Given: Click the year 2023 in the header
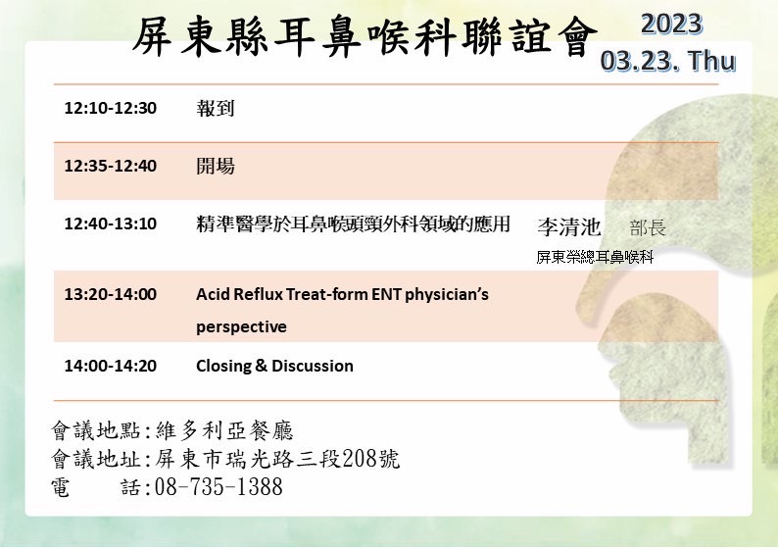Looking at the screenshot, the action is [672, 24].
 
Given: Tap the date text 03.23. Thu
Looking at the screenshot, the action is [668, 61].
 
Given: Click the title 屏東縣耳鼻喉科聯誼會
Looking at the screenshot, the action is [365, 36].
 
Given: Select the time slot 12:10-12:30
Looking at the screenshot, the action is [110, 108].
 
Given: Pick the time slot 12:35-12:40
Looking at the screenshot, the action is [110, 166].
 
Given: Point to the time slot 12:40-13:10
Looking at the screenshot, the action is [110, 224].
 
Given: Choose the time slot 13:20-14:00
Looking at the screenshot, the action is [110, 294].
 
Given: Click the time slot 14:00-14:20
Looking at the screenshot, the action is [110, 366].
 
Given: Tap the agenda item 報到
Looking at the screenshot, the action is [216, 108].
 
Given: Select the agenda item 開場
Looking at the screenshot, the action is [216, 166].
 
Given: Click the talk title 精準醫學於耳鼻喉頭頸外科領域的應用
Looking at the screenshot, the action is [354, 224].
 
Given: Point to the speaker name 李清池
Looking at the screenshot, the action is [569, 226].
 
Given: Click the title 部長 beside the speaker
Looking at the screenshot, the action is [648, 227].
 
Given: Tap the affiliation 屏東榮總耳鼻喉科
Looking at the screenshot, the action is [595, 257].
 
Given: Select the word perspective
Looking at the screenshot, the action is [241, 327].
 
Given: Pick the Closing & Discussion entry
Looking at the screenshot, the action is [275, 366].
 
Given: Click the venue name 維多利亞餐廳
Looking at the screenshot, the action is [224, 430].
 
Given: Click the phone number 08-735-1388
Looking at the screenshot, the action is [219, 486].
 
